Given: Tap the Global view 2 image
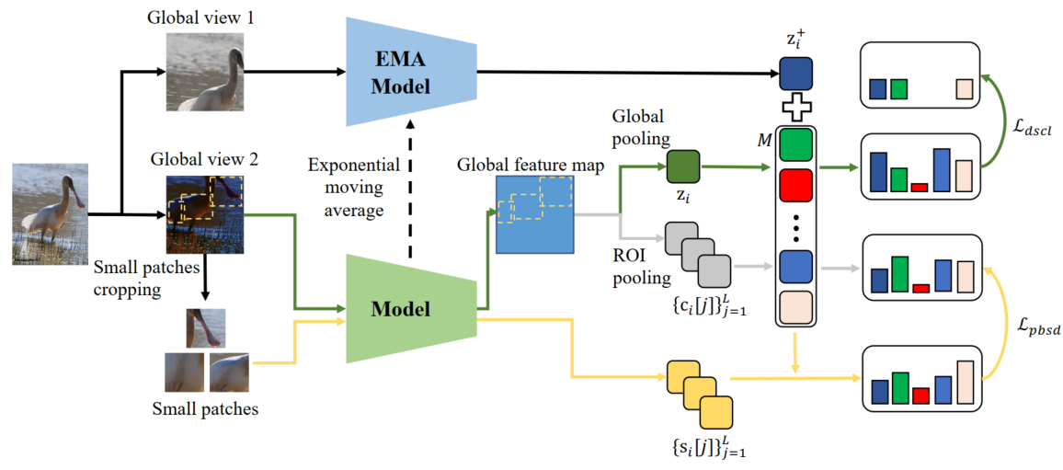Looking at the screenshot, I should pyautogui.click(x=205, y=214).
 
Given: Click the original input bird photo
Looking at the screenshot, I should pyautogui.click(x=51, y=214).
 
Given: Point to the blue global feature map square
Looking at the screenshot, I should pyautogui.click(x=535, y=214).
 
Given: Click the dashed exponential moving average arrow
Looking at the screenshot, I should pyautogui.click(x=410, y=184).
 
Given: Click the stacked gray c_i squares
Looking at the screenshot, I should pyautogui.click(x=699, y=258).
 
